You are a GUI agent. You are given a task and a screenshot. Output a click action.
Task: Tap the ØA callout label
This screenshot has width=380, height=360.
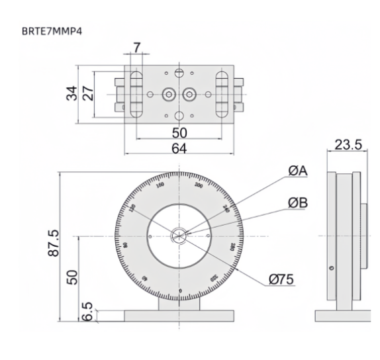(x=298, y=171)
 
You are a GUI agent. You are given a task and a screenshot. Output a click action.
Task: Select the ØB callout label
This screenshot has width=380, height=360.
(x=298, y=202)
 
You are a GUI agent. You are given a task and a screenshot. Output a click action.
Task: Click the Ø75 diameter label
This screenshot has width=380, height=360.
(x=282, y=280)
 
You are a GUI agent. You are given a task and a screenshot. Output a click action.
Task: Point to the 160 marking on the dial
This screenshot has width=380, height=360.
(x=160, y=185)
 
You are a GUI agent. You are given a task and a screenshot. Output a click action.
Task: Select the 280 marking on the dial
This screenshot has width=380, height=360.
(x=232, y=246)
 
